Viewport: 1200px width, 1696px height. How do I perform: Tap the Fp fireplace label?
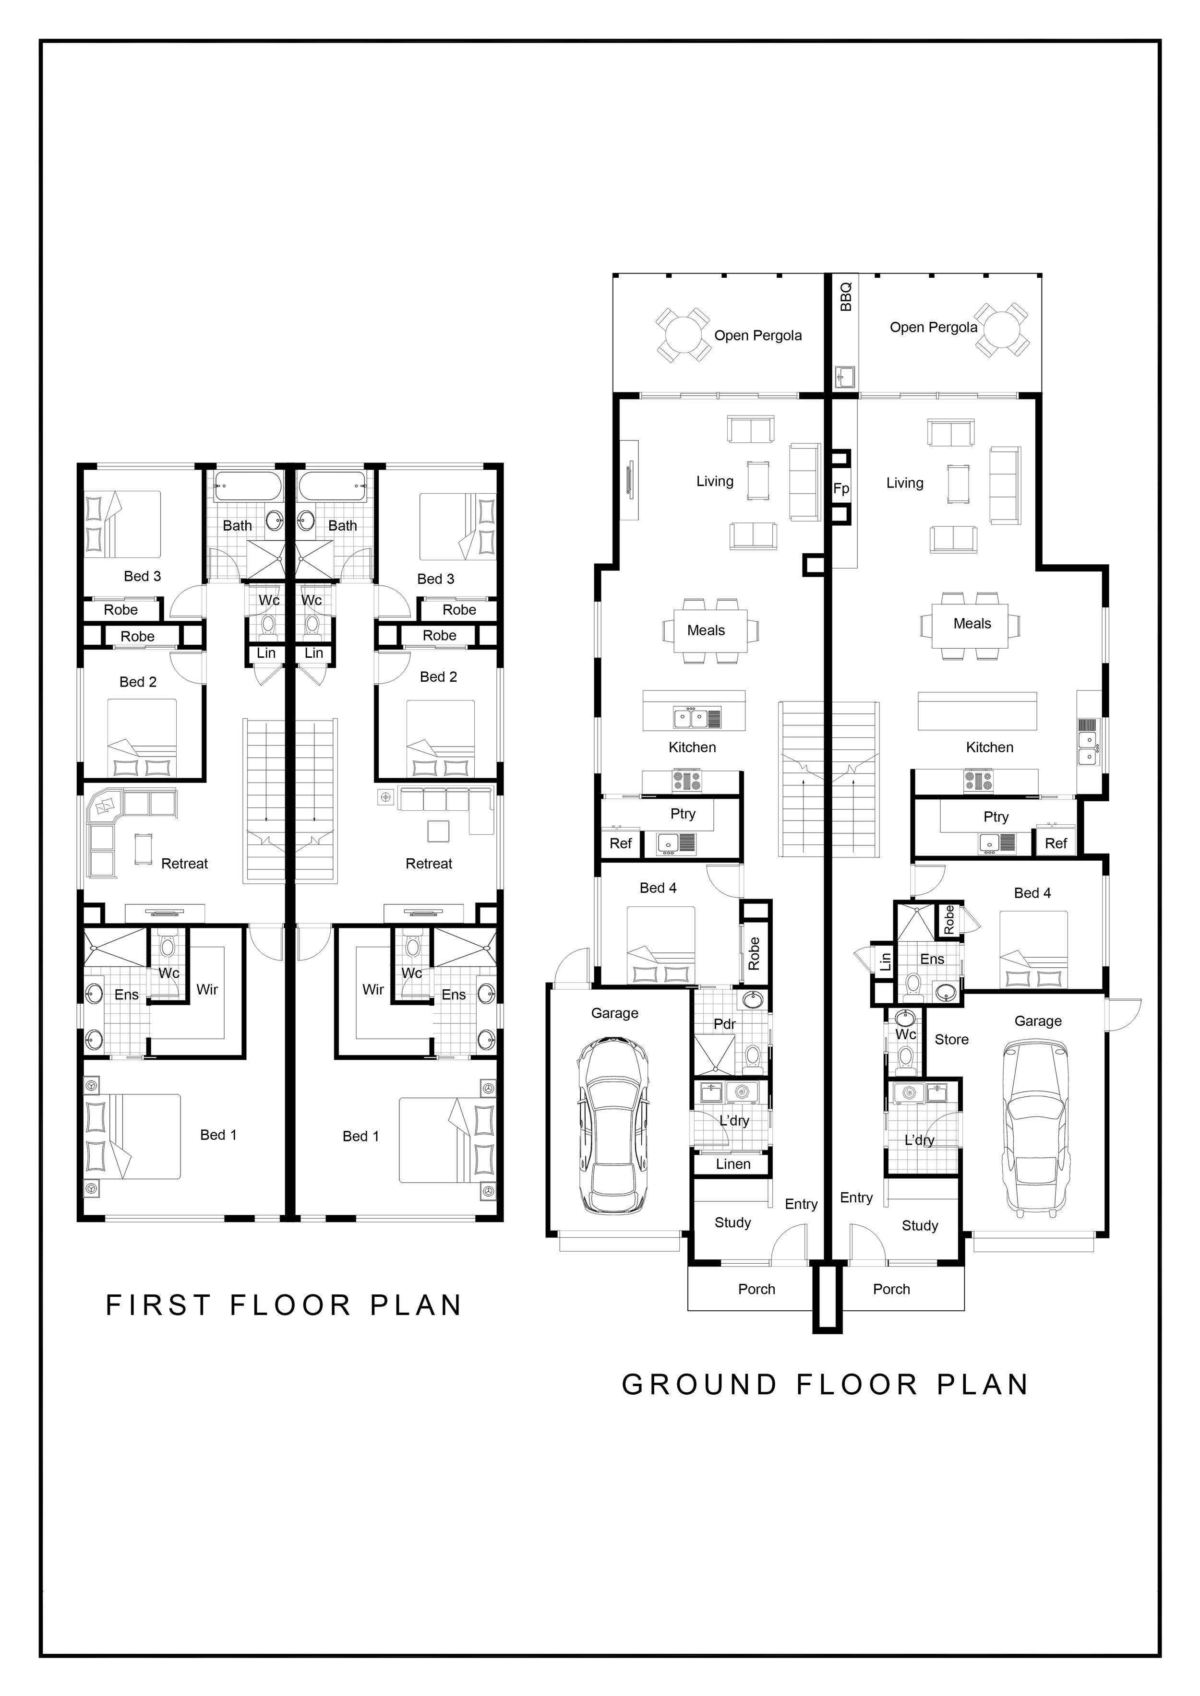pos(841,489)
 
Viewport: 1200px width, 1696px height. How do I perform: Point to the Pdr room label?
pos(724,1024)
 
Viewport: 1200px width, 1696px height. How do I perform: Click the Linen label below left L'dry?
pos(732,1164)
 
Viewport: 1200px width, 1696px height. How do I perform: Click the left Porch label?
pos(756,1289)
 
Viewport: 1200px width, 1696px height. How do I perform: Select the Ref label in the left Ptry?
pos(620,843)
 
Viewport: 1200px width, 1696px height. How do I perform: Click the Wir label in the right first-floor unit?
pos(372,989)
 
